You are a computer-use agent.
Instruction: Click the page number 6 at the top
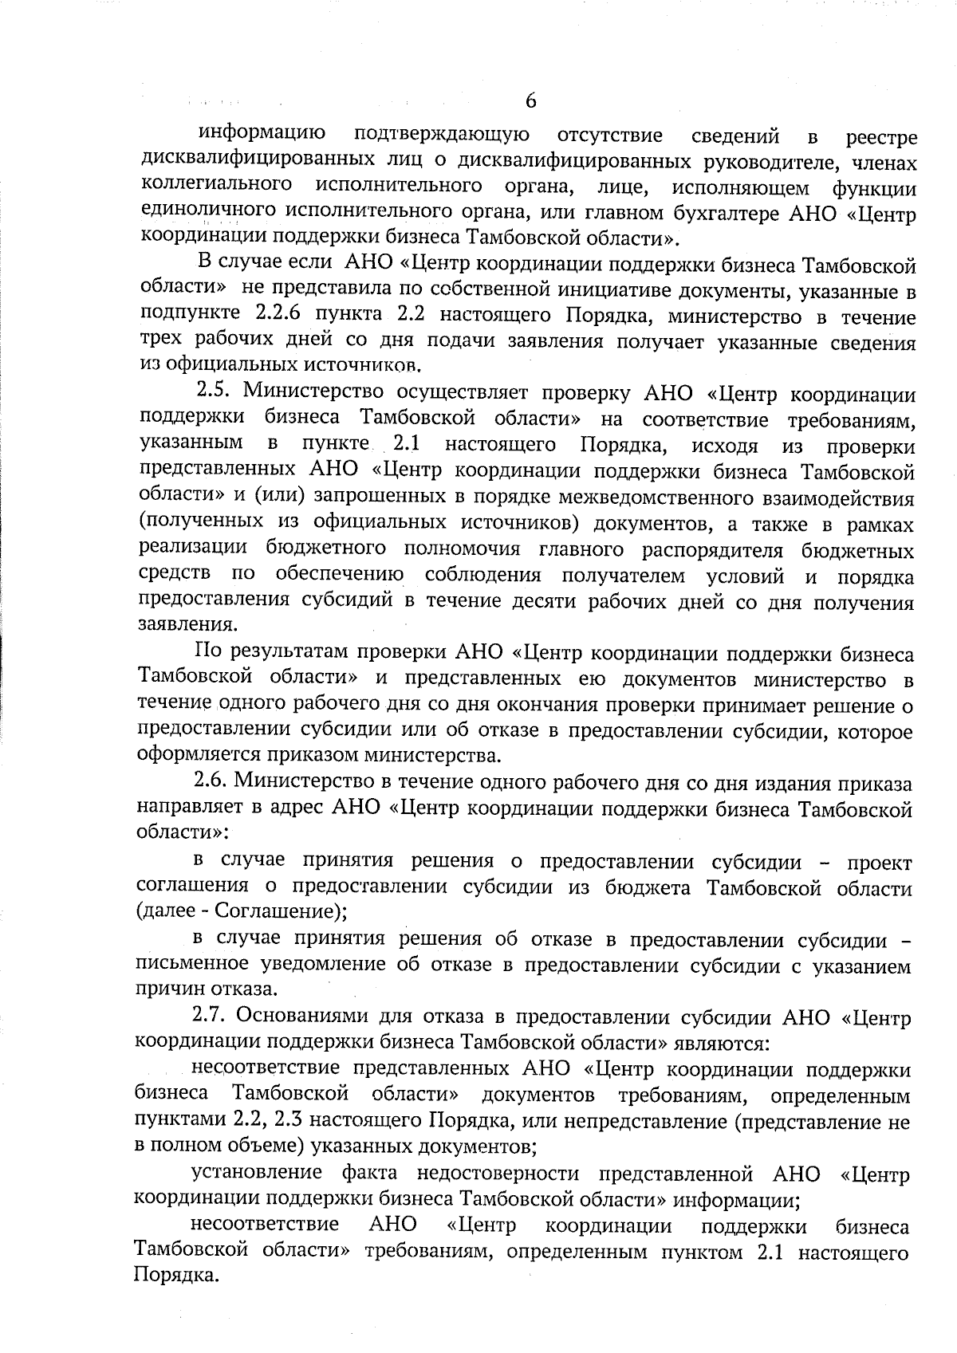pos(530,101)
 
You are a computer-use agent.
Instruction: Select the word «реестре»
pos(881,138)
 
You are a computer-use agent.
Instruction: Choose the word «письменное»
pos(192,964)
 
